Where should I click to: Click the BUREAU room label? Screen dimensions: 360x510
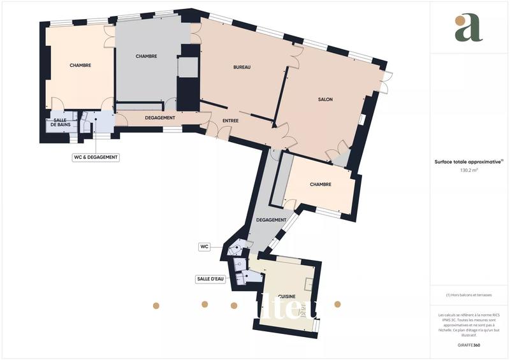pos(242,67)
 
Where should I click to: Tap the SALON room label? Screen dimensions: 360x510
pos(325,99)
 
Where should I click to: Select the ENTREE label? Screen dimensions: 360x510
pos(231,120)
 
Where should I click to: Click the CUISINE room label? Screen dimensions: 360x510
pos(286,296)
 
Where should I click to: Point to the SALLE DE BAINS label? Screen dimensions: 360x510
pos(60,123)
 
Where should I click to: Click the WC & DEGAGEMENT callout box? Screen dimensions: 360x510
pos(96,157)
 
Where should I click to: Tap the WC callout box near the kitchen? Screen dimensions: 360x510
pos(205,246)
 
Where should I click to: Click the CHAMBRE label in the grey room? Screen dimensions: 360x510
pos(146,56)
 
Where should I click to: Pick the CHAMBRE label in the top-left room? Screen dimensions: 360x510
pos(80,65)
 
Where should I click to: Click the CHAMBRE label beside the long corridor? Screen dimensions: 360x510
pos(320,185)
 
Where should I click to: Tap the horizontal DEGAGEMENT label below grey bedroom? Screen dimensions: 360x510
pos(160,118)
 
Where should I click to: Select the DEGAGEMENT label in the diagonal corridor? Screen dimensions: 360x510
pos(270,220)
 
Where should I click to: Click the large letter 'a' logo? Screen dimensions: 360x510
pos(469,27)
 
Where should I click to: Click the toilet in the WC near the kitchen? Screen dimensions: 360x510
pos(238,244)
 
